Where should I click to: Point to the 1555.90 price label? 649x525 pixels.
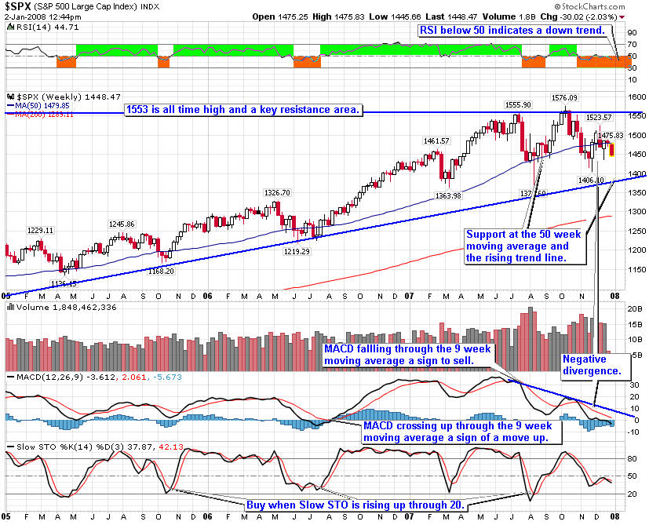click(518, 104)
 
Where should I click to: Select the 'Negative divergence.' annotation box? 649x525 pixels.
click(591, 363)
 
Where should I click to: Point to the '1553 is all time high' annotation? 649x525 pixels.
click(243, 110)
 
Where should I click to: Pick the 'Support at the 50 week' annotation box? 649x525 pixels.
click(519, 246)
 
